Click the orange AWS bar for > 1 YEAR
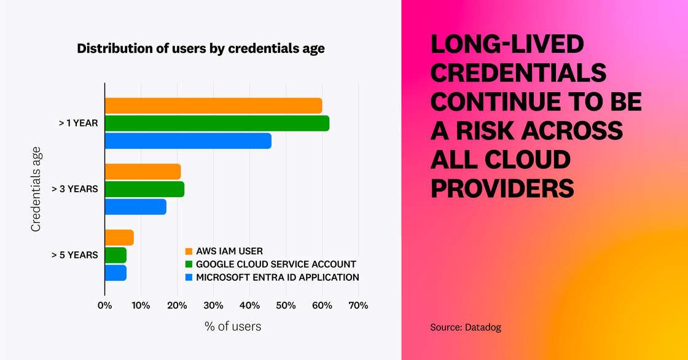pos(213,106)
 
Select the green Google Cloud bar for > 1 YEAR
pos(217,123)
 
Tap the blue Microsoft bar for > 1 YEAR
pos(188,141)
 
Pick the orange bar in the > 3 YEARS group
pos(143,172)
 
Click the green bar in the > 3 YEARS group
pos(144,189)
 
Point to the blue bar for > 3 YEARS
pos(135,206)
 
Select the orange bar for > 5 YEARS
pos(119,238)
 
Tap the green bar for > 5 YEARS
pos(115,255)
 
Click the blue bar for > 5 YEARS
pos(115,272)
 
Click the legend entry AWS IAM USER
pos(229,251)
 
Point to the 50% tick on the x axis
pos(286,305)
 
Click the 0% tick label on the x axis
pos(105,305)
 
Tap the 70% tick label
pos(358,305)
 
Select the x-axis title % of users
pos(232,327)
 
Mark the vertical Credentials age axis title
pos(36,189)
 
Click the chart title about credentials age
pos(200,49)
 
